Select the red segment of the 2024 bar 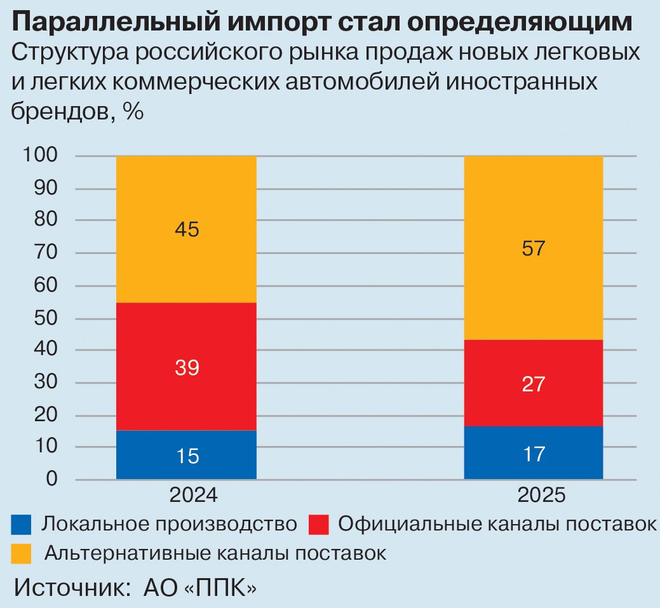(186, 337)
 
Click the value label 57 (533, 248)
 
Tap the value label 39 (186, 367)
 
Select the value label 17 (533, 454)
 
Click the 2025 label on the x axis (541, 496)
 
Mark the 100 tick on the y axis (40, 156)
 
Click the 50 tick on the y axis (44, 318)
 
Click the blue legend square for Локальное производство (22, 525)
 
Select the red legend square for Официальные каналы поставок (318, 525)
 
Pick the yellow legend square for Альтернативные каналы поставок (22, 553)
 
